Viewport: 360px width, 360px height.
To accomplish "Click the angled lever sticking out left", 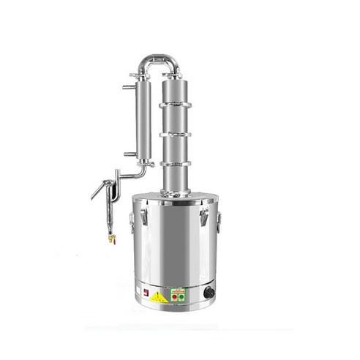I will click(x=98, y=190).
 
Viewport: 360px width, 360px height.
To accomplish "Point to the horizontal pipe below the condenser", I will click(x=132, y=176).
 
